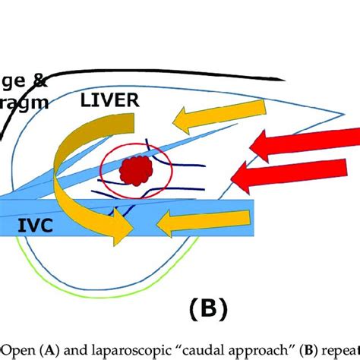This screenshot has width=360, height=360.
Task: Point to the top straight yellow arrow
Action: [201, 118]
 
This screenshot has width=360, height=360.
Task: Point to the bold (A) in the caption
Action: [50, 350]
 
